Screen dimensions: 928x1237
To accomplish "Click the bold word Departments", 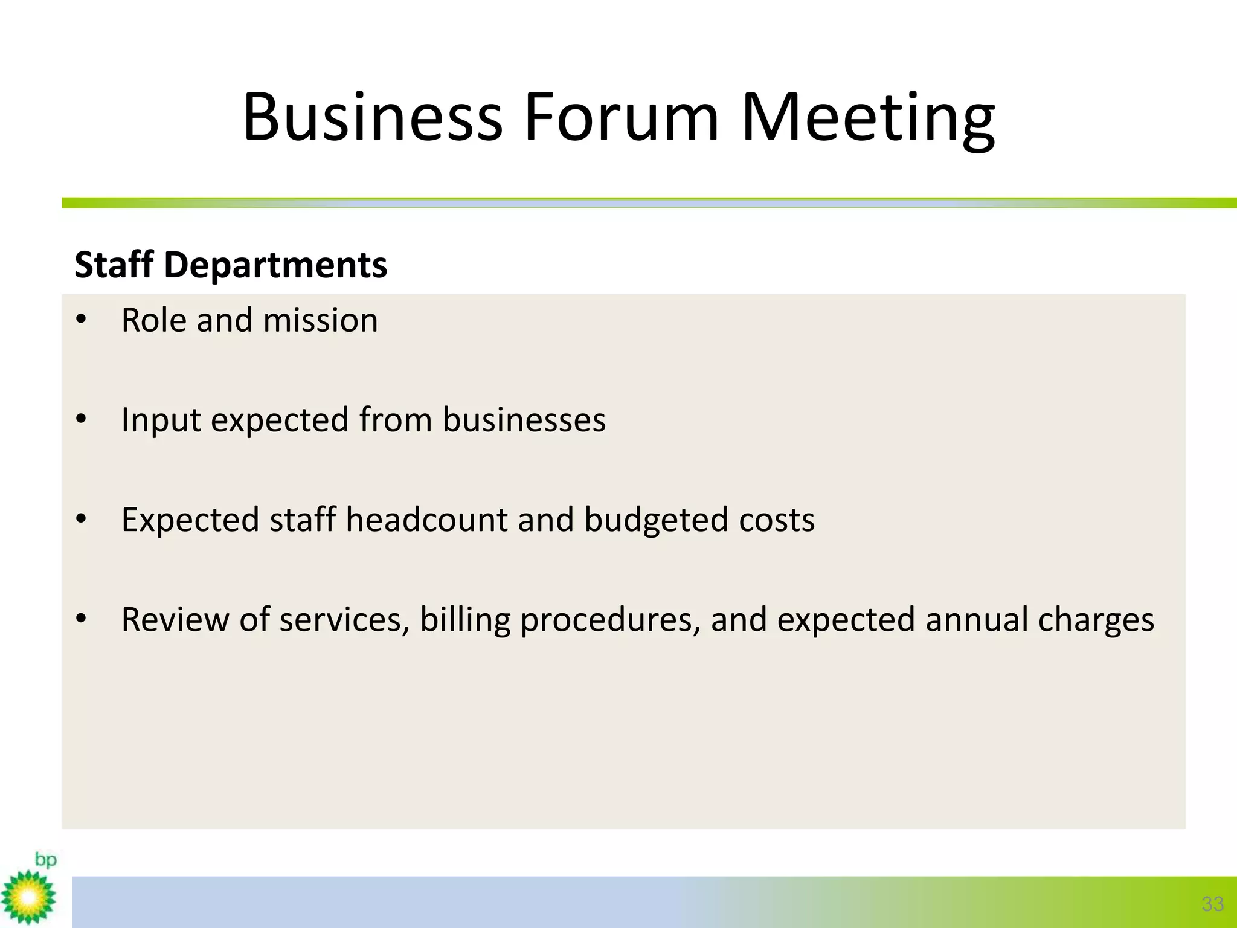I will tap(275, 265).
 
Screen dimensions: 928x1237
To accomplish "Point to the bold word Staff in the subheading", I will tap(114, 265).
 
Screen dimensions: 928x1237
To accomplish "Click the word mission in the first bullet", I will tap(321, 320).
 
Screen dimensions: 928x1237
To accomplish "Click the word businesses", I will tap(524, 420).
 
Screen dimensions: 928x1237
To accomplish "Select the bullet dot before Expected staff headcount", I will tap(82, 519).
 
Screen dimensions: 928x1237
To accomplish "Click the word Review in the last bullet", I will tap(175, 620).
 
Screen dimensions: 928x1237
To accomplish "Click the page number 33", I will tap(1212, 904).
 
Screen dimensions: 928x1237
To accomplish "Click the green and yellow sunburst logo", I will tap(28, 897).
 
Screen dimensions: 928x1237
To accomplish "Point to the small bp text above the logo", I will tap(45, 859).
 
